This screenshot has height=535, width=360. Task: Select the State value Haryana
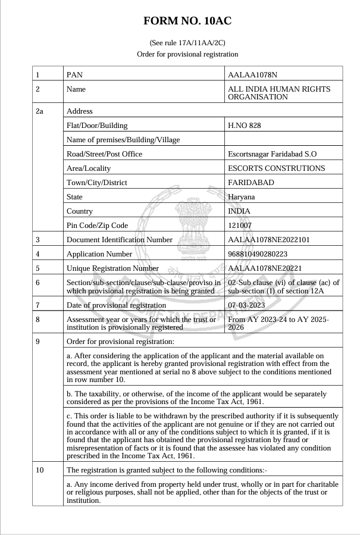[x=242, y=197]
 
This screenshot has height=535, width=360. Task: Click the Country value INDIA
[x=239, y=211]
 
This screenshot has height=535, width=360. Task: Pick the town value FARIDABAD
[x=251, y=183]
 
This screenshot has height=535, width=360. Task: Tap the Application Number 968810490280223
[x=261, y=254]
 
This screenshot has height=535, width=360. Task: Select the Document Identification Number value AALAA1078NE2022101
[x=267, y=240]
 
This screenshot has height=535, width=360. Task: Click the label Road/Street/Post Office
[x=105, y=154]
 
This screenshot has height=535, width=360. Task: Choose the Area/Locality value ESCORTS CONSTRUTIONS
[x=277, y=168]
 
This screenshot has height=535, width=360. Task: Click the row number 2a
[x=40, y=111]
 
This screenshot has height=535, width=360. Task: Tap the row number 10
[x=40, y=471]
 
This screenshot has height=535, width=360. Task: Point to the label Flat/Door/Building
[x=97, y=126]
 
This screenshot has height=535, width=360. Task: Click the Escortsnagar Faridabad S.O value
[x=273, y=154]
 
